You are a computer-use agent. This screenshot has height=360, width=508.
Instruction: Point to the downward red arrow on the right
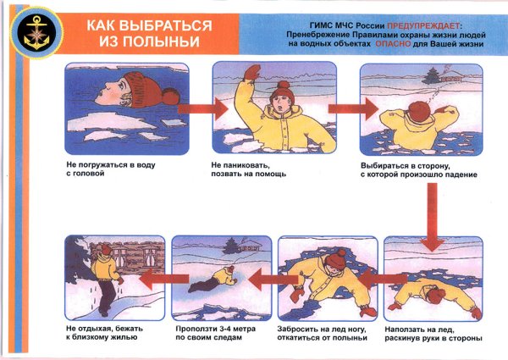pos(433,217)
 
